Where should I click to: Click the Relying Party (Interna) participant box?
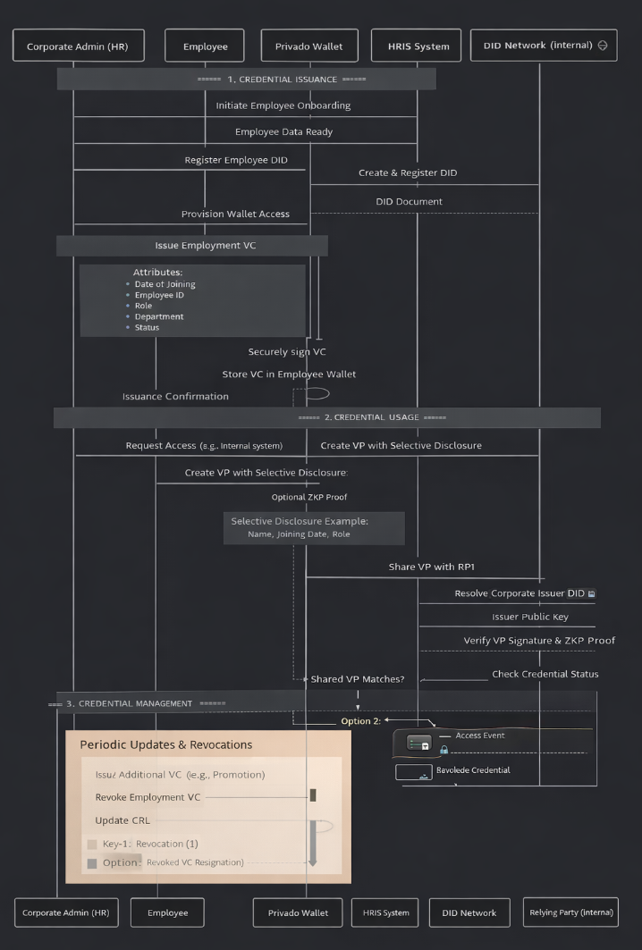[570, 912]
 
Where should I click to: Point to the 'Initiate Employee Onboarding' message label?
[283, 105]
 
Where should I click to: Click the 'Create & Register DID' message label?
[407, 172]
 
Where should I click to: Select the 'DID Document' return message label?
[409, 201]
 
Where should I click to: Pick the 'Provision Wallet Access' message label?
[224, 214]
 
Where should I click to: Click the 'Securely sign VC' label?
[287, 351]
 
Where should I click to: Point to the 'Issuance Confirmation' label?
[175, 396]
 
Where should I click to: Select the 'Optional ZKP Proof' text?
[309, 497]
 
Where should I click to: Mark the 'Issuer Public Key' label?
[529, 617]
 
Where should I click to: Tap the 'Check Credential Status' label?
[545, 674]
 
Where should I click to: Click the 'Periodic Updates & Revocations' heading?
[166, 744]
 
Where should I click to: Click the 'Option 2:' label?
[360, 720]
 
